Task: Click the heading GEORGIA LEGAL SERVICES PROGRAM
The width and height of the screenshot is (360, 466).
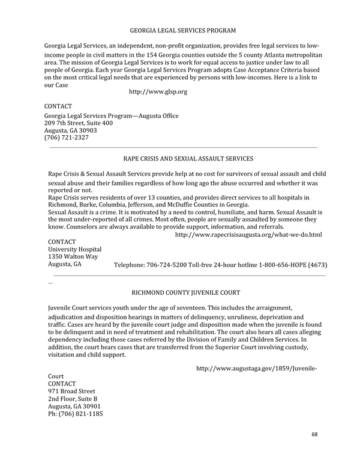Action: click(x=182, y=30)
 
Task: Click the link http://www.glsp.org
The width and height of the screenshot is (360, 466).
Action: click(x=158, y=91)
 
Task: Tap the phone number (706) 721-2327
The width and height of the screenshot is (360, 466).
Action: click(x=67, y=138)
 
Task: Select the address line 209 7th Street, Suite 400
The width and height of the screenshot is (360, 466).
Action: click(x=79, y=123)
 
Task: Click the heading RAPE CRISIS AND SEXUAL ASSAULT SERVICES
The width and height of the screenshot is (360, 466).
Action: click(x=188, y=159)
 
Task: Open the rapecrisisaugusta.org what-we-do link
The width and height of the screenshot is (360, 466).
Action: click(x=248, y=234)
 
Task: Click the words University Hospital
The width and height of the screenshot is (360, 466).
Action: click(x=74, y=249)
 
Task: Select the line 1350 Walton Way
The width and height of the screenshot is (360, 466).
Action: click(x=73, y=256)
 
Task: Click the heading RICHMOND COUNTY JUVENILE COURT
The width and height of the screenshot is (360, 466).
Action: click(x=185, y=293)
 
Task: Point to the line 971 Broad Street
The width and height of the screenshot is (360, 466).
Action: click(x=71, y=391)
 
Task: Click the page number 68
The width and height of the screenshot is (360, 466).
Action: click(x=316, y=434)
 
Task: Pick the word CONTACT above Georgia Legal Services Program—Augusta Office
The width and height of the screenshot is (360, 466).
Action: click(x=58, y=106)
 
